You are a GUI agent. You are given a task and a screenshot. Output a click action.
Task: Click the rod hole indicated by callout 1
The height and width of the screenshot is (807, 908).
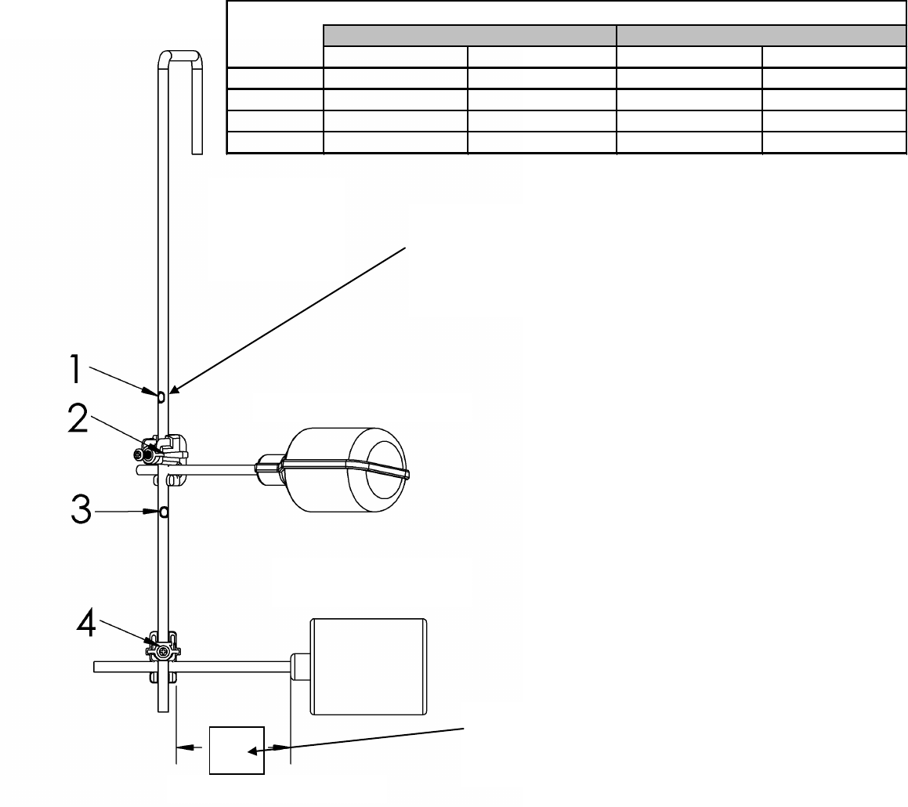click(x=161, y=396)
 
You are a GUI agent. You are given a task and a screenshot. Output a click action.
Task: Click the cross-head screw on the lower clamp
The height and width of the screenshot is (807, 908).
click(x=163, y=651)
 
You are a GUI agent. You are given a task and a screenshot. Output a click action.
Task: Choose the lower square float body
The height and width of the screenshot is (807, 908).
click(x=368, y=666)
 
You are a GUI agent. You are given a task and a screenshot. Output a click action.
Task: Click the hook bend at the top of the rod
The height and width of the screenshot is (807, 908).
click(x=180, y=56)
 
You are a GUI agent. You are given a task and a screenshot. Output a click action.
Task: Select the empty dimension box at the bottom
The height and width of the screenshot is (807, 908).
click(x=237, y=750)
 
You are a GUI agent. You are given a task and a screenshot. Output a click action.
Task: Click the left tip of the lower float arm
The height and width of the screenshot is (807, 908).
click(x=96, y=667)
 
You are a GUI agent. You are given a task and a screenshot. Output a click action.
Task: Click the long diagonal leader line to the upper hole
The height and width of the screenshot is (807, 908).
click(x=290, y=317)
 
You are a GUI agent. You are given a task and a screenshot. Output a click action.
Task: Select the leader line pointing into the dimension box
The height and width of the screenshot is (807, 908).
click(x=360, y=739)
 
